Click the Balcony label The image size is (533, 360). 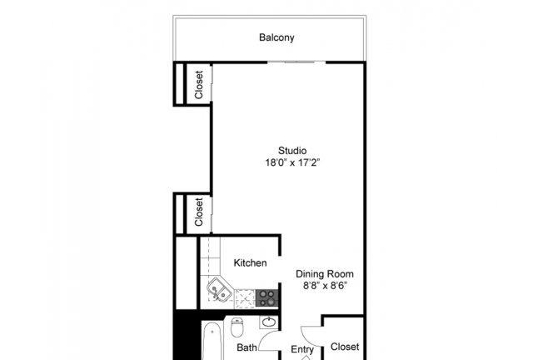276,37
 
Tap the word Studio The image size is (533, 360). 292,150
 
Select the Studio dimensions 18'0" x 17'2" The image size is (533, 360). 292,162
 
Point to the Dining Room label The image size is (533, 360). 325,274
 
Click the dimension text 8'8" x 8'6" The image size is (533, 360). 325,286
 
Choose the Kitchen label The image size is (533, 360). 250,262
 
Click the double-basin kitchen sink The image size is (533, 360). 219,290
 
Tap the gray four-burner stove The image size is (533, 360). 266,297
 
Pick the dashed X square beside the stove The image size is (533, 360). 245,298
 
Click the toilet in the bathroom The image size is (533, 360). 237,327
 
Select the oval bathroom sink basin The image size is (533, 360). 269,322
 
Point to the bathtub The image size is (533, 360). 212,340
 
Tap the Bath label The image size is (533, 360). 247,347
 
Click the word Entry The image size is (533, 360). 302,349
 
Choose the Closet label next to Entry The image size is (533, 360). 345,347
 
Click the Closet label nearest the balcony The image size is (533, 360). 199,85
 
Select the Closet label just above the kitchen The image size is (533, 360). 199,212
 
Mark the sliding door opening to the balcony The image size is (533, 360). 296,62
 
